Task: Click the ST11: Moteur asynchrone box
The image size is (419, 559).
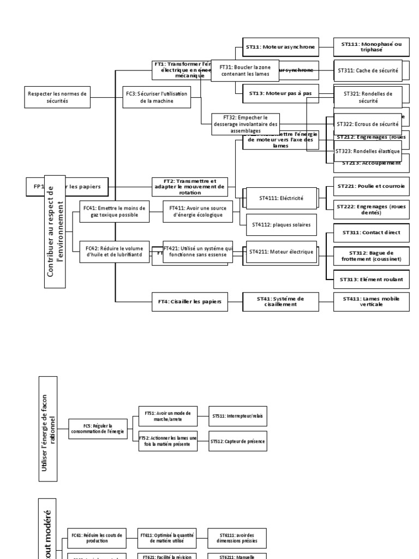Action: [x=280, y=47]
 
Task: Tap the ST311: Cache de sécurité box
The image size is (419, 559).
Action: [x=368, y=71]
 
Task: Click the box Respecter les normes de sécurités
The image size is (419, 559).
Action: [x=57, y=97]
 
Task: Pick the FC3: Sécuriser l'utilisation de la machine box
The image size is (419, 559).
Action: [x=156, y=97]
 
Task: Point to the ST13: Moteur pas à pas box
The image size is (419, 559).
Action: [x=280, y=93]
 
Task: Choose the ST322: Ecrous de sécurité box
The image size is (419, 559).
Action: [x=368, y=124]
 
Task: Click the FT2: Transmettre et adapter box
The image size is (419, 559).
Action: [x=190, y=186]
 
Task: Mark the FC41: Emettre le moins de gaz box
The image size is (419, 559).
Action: [x=114, y=211]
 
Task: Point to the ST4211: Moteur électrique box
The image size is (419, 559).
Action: [x=282, y=252]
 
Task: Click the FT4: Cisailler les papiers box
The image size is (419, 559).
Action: [x=190, y=302]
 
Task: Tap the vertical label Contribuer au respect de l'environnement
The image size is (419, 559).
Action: [x=55, y=231]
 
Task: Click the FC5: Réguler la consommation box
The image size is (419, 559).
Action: [x=98, y=429]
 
